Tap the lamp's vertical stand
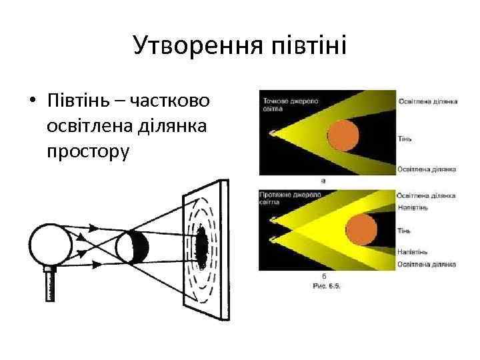coord(51,285)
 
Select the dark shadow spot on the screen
coord(201,247)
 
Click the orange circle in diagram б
coord(360,229)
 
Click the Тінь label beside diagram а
coord(404,138)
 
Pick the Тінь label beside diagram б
coord(404,230)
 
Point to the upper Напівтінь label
coord(413,207)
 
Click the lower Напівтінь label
coord(413,251)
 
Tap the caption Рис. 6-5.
coord(327,285)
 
